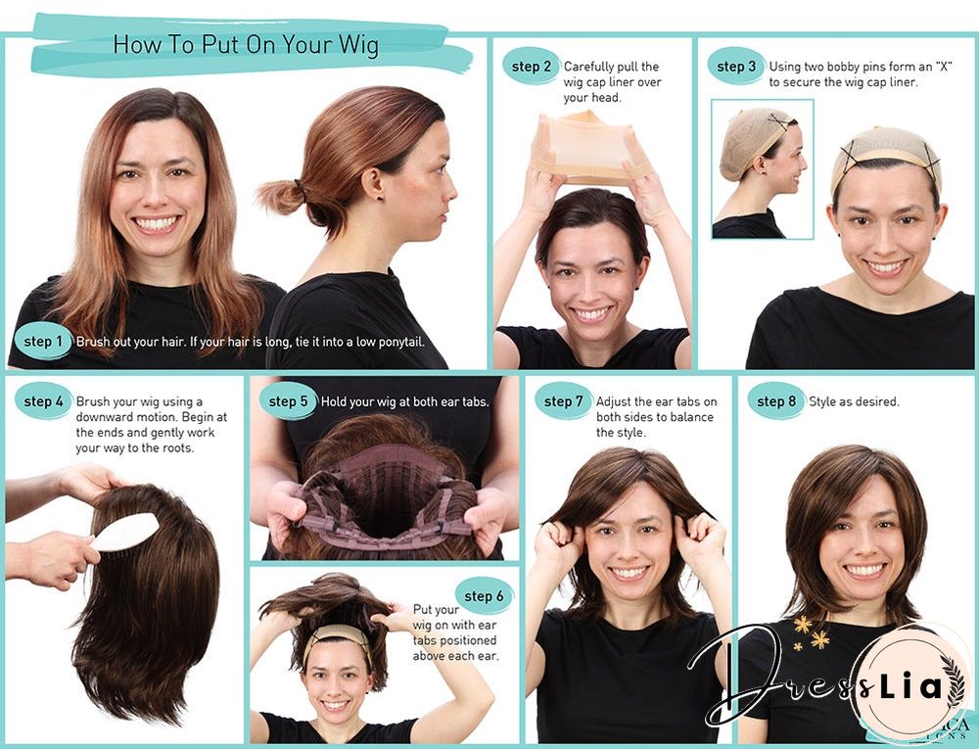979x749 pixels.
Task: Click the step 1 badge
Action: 43,342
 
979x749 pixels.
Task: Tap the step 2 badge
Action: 533,67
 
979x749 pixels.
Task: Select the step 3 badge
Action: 736,67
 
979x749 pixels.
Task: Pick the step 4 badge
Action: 44,401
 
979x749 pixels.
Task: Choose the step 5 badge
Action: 288,401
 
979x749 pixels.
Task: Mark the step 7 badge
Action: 564,401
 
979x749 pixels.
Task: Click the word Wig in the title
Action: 357,45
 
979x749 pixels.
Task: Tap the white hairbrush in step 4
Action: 124,533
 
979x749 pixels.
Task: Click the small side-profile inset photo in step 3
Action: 763,168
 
